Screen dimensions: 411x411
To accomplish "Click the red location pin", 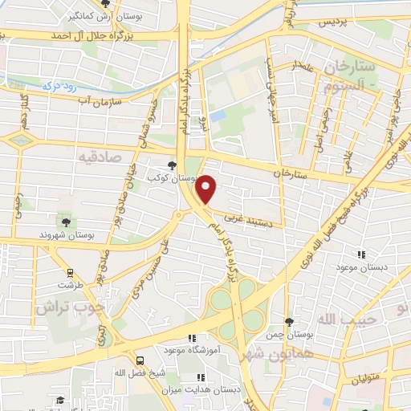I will point(207,189).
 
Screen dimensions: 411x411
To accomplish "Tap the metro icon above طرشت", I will point(70,272).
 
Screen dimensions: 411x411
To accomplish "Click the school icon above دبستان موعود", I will point(361,254).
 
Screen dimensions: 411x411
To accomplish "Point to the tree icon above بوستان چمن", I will point(288,322).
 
